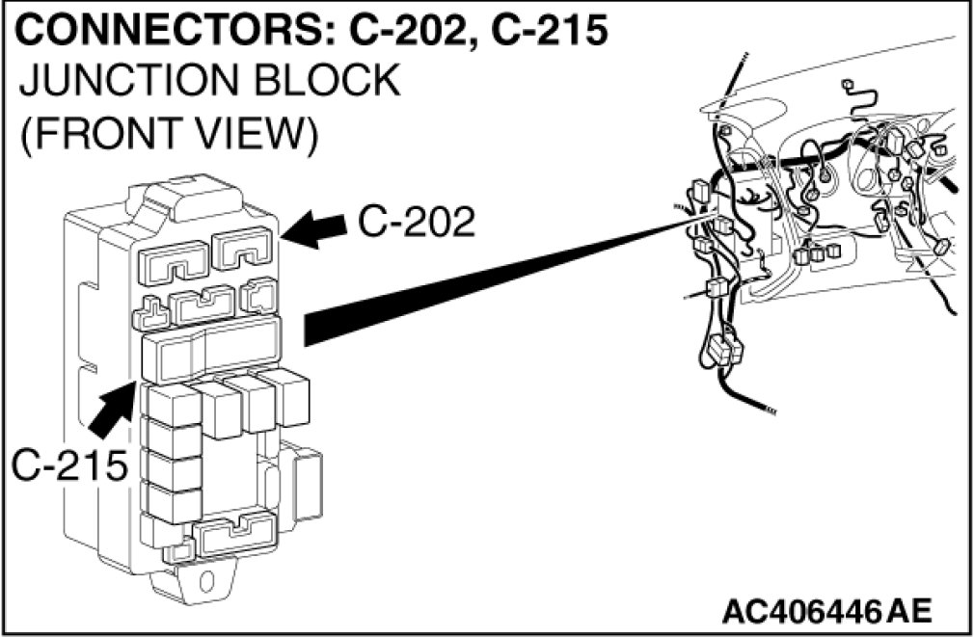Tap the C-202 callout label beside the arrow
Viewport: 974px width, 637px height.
(417, 224)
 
